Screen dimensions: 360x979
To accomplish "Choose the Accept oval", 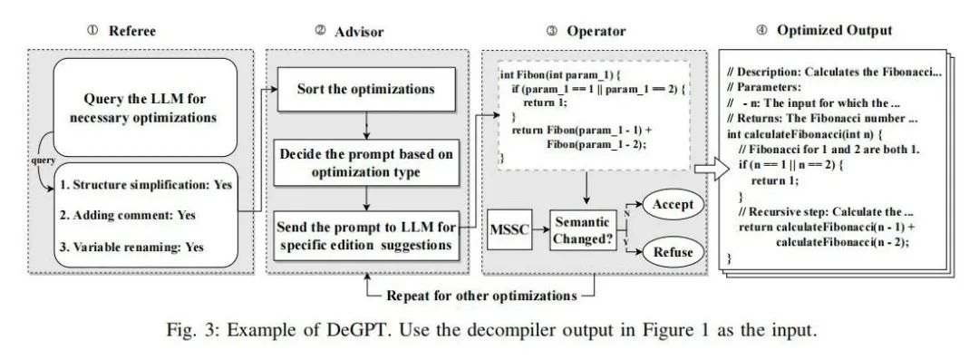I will pyautogui.click(x=673, y=204).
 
